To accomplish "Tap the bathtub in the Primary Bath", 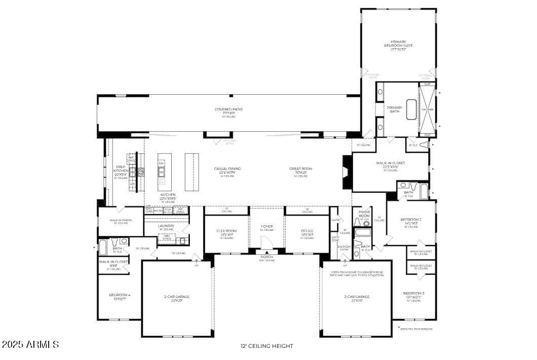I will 411,109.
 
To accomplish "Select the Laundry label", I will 166,226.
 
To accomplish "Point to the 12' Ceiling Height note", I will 267,346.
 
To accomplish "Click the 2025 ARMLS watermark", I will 30,344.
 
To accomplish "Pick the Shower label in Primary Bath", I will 427,109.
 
